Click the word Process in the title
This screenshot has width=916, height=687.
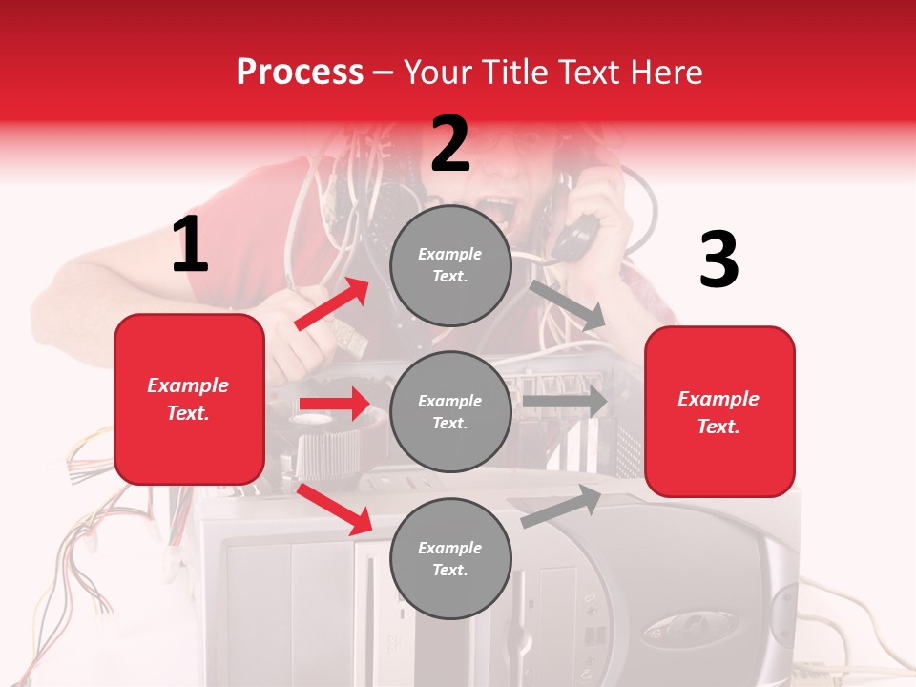coord(300,72)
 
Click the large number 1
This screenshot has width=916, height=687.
coord(190,245)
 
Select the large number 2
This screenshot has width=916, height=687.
coord(450,143)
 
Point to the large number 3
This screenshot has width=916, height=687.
coord(718,260)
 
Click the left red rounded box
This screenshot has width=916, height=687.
coord(189,399)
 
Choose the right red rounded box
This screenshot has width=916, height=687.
coord(719,411)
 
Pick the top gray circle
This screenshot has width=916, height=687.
coord(450,265)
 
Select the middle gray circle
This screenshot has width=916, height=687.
coord(450,411)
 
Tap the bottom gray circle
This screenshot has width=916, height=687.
coord(450,558)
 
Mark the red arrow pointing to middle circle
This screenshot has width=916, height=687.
coord(334,404)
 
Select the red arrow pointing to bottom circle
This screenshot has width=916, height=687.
coord(335,509)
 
